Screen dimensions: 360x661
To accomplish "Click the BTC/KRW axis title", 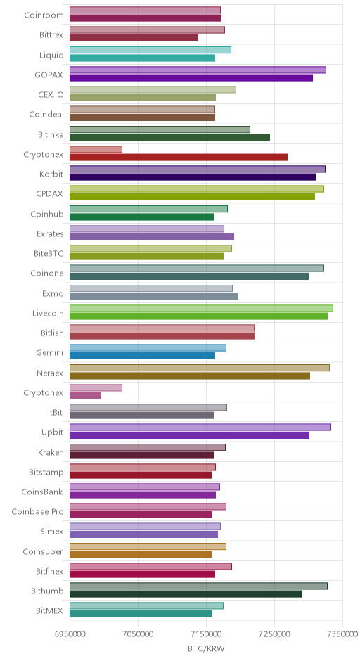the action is pos(207,648).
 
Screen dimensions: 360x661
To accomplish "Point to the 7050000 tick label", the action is pos(138,634).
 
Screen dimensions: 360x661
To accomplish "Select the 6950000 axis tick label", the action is pos(70,634).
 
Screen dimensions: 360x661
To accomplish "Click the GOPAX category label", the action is pos(49,75).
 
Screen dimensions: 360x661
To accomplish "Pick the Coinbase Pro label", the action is pos(37,512).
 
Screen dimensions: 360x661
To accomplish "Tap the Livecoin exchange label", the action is pos(48,313).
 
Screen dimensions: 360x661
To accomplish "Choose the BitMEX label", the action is pos(50,611).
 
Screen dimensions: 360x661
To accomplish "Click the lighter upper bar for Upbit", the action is pos(200,428).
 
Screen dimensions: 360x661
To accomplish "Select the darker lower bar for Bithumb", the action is pos(186,594).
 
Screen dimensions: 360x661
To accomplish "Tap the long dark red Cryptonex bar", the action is pos(179,158).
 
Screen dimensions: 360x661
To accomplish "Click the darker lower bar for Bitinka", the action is pos(169,137).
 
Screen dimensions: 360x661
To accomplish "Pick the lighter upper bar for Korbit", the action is pos(198,169).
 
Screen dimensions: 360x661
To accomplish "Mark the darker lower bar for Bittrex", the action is pos(134,38).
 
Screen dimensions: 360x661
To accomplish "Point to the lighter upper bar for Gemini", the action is pos(148,348).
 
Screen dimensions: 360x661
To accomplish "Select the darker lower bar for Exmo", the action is pos(153,296).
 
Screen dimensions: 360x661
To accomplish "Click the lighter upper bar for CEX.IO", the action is pos(153,90).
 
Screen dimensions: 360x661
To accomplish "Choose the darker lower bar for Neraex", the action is pos(190,376).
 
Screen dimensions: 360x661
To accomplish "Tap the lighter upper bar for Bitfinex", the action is pos(150,566).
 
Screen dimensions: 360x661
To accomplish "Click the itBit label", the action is pos(56,413).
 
